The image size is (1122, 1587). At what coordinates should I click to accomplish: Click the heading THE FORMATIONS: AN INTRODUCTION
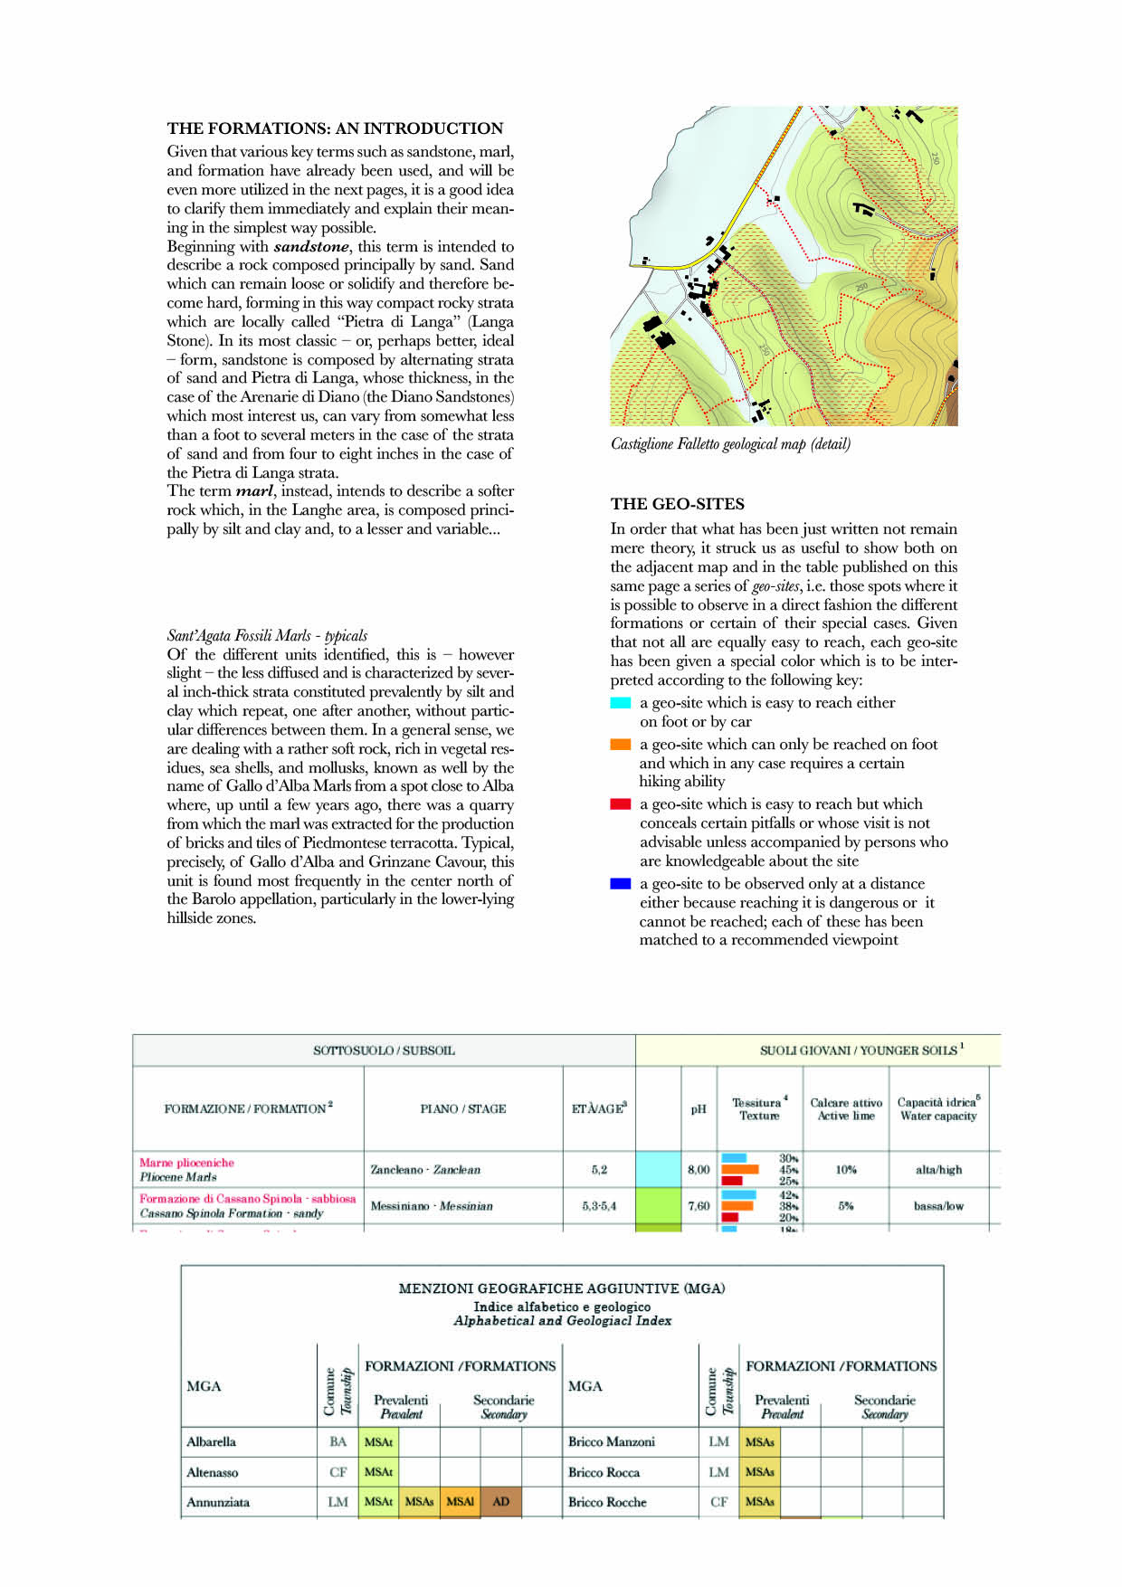(335, 128)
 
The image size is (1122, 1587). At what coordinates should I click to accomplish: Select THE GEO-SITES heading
(678, 504)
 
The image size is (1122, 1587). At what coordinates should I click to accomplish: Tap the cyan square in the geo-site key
(621, 703)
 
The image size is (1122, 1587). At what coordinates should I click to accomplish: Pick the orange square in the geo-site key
(621, 745)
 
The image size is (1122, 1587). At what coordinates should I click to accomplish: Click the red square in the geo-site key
(621, 804)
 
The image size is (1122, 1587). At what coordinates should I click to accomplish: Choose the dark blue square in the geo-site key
(621, 884)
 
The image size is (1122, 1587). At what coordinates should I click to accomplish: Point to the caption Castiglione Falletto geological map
(730, 444)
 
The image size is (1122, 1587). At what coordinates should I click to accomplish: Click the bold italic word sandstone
(310, 246)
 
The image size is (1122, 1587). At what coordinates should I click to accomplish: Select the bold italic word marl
(254, 491)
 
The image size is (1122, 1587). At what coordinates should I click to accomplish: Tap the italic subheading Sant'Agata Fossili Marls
(267, 635)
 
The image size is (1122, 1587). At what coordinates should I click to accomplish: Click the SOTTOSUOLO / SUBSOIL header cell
(384, 1050)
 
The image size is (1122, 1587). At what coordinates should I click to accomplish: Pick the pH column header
(699, 1109)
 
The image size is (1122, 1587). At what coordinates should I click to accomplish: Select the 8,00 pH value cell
(699, 1170)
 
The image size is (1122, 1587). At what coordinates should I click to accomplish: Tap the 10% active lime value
(845, 1170)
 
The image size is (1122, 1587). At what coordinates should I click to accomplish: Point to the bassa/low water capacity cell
(938, 1206)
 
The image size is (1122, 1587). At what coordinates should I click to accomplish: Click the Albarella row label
(211, 1442)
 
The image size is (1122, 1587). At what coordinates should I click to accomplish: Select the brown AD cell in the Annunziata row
(500, 1502)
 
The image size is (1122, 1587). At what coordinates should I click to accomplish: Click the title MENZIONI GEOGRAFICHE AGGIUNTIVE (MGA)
(562, 1288)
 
